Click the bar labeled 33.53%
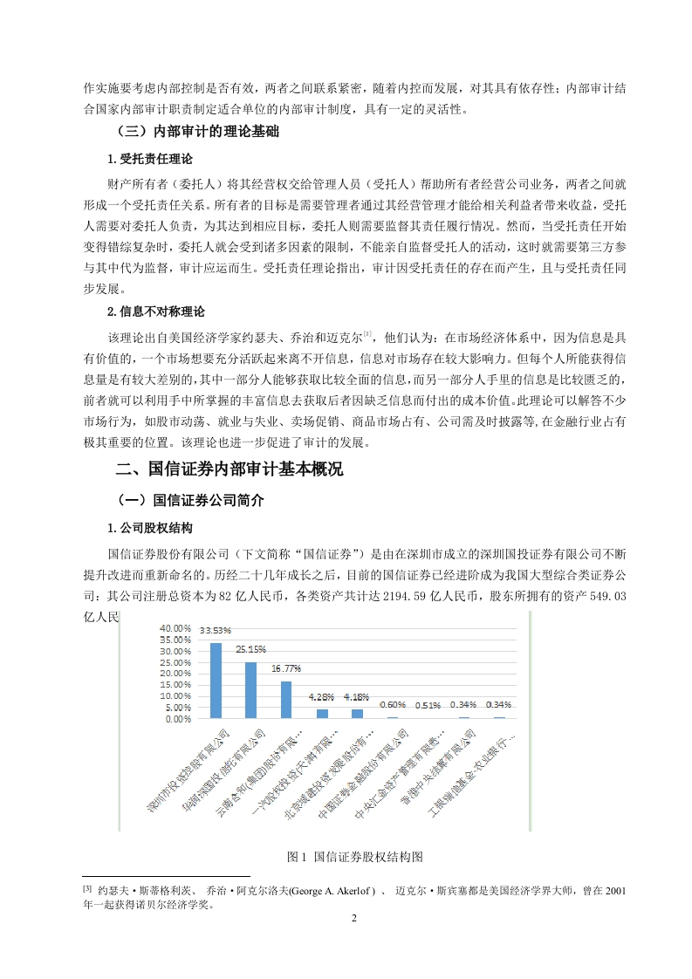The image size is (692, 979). click(216, 681)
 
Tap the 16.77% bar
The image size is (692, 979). click(286, 700)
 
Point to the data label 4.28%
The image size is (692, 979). click(322, 697)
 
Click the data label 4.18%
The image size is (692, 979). click(357, 697)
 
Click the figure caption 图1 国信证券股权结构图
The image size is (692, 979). click(349, 857)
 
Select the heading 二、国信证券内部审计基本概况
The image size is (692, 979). click(230, 469)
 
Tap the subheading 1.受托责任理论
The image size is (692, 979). click(149, 160)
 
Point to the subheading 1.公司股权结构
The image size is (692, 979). click(149, 529)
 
